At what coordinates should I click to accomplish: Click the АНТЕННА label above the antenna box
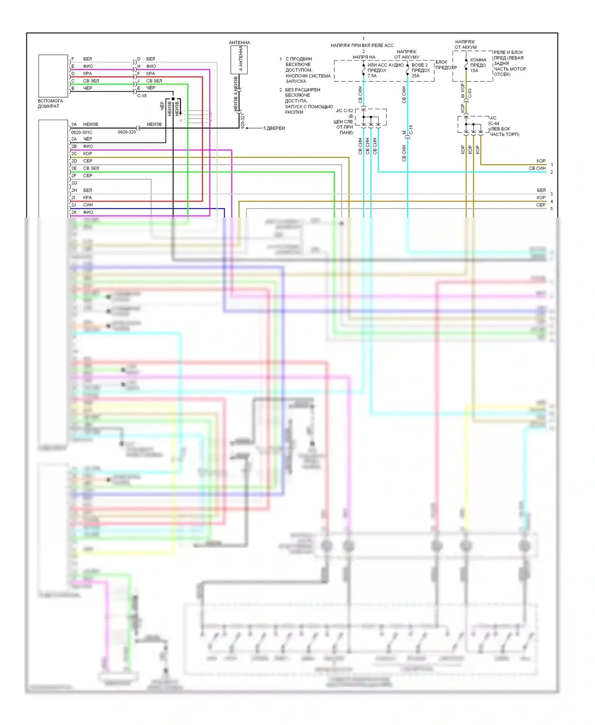coord(239,42)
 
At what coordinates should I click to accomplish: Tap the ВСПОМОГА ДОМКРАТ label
coord(50,104)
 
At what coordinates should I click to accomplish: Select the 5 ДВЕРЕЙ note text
coord(274,128)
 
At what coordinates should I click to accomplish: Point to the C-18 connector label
coord(142,96)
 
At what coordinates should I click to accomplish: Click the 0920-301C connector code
coord(82,132)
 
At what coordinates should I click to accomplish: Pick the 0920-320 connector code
coord(127,132)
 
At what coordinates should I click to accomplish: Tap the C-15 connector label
coord(411,129)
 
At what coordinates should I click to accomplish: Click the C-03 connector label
coord(470,93)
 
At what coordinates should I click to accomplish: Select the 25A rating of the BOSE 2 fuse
coord(415,76)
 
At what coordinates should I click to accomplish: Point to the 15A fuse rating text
coord(474,71)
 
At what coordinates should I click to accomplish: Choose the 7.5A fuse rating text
coord(372,76)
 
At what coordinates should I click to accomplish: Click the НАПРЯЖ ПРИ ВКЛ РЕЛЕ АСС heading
coord(362,45)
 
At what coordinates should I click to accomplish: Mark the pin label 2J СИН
coord(83,205)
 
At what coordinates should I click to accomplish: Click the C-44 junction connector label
coord(494,123)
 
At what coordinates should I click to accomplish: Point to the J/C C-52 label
coord(344,111)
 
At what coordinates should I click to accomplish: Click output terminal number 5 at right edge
coord(551,209)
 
